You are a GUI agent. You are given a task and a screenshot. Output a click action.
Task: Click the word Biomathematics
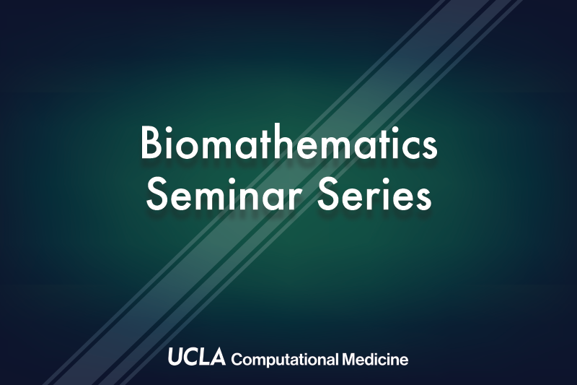click(289, 143)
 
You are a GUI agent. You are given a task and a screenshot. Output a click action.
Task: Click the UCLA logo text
click(197, 356)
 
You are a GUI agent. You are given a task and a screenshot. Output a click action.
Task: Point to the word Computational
click(284, 359)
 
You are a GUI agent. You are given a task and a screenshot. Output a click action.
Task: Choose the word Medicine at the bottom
click(375, 359)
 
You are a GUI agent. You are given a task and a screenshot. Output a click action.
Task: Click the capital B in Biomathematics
click(151, 143)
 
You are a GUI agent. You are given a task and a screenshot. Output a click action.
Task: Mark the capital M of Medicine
click(350, 359)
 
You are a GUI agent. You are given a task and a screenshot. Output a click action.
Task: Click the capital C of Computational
click(237, 359)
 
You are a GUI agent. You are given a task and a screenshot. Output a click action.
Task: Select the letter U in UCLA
click(175, 357)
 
